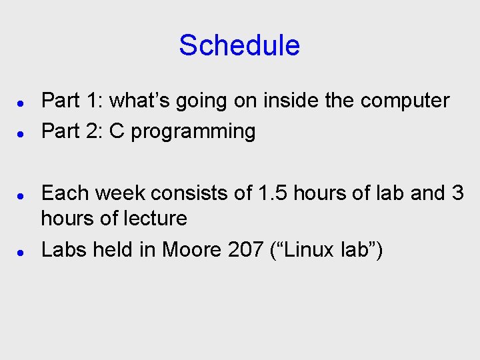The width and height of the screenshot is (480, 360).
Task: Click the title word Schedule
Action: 239,45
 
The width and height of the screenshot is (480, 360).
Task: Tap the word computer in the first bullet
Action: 405,101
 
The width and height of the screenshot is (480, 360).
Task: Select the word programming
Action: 193,132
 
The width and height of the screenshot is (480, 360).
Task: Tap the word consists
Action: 188,193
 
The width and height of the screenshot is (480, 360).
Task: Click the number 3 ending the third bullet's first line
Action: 457,193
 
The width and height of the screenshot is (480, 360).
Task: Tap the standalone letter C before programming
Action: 117,131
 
